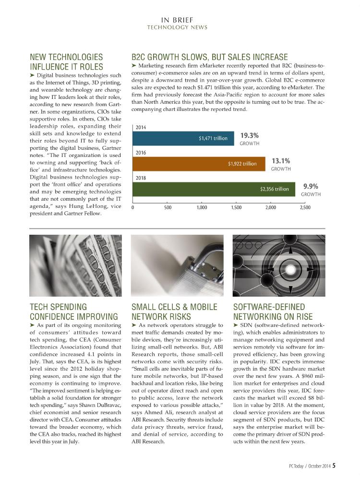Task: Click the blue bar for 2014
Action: click(183, 138)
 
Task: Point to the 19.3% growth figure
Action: click(250, 136)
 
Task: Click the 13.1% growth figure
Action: click(281, 161)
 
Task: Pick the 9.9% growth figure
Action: click(311, 187)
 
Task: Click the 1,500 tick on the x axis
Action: click(236, 207)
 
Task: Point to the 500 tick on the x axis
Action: click(168, 207)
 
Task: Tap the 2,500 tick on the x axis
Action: click(305, 207)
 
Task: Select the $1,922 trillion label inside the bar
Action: click(242, 164)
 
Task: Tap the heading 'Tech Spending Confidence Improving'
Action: click(74, 311)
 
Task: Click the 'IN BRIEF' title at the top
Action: click(178, 20)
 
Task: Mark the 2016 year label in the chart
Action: click(141, 153)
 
